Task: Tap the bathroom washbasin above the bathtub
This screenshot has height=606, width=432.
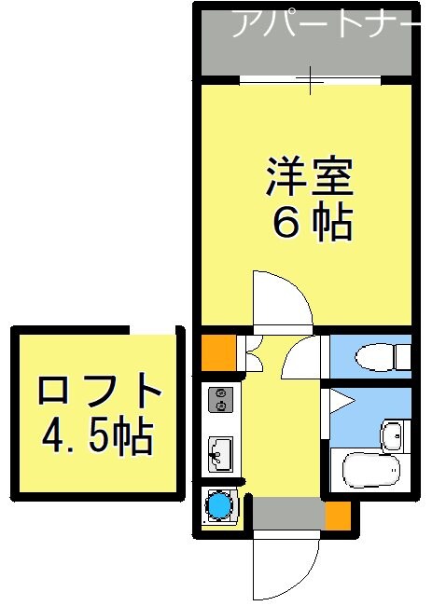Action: (393, 434)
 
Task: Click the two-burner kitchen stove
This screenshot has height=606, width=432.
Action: (220, 399)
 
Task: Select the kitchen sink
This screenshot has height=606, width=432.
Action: (220, 454)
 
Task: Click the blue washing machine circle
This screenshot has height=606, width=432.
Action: (219, 505)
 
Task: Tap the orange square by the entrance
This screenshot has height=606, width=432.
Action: (337, 515)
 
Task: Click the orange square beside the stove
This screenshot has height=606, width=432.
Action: (217, 352)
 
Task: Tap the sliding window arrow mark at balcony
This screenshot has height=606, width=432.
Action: (312, 81)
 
